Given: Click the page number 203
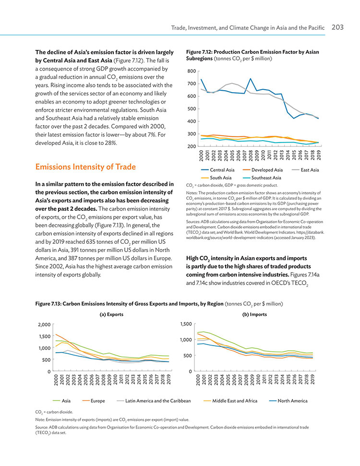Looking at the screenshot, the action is [337, 27].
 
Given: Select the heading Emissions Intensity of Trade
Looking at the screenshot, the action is [85, 167].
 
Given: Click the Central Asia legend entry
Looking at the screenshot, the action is [217, 170].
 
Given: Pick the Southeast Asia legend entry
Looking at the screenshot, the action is [262, 178].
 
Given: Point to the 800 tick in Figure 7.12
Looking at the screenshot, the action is [192, 71].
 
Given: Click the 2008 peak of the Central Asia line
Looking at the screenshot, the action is [250, 79].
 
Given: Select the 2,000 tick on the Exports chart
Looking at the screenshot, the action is [44, 324].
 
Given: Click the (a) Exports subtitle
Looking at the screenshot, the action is [111, 314].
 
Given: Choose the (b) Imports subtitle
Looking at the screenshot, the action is [254, 314].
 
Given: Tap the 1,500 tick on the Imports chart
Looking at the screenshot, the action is [186, 324].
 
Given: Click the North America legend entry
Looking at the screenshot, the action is [288, 401].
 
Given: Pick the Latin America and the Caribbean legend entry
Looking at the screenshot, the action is [154, 401].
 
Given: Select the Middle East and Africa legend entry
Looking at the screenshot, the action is [230, 401].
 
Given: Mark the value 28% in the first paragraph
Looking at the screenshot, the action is [111, 143].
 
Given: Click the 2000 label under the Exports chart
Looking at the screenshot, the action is [56, 380].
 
